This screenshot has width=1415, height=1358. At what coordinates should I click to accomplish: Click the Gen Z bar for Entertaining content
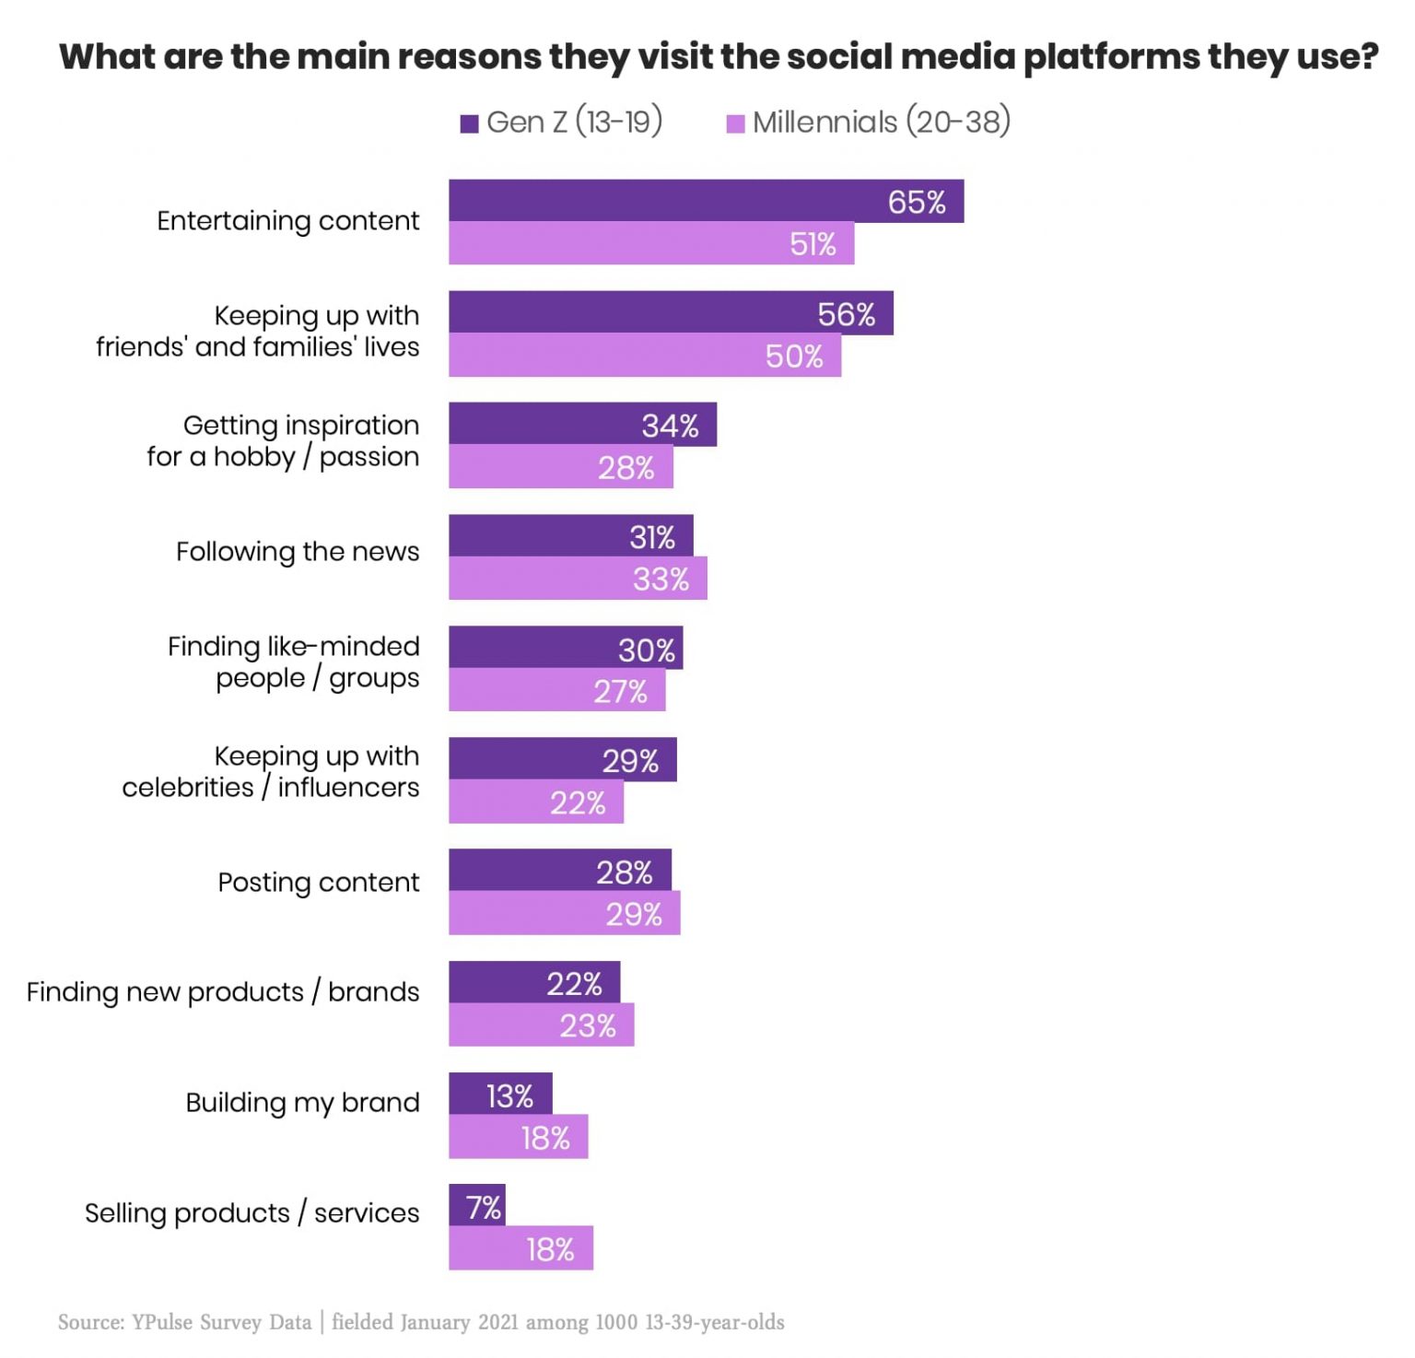click(x=706, y=201)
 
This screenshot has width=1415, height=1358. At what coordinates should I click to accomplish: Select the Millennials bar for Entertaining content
click(x=650, y=243)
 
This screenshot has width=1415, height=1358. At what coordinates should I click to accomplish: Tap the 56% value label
click(x=846, y=314)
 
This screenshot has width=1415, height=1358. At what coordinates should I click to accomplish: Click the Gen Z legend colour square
click(x=470, y=123)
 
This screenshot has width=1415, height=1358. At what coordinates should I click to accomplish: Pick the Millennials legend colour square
click(x=735, y=123)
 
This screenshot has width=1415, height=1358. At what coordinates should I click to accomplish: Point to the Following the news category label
click(x=298, y=551)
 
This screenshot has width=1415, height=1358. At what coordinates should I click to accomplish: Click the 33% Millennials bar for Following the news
click(x=578, y=579)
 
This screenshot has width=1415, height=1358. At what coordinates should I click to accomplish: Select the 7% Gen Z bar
click(x=477, y=1205)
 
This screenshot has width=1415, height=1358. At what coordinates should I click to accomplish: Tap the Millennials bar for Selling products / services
click(x=520, y=1248)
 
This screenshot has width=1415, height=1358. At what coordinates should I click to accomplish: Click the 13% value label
click(x=509, y=1096)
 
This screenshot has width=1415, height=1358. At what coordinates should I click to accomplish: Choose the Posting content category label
click(x=318, y=882)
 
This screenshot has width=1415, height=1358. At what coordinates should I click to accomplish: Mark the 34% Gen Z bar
click(x=582, y=425)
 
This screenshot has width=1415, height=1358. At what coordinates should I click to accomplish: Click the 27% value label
click(x=620, y=691)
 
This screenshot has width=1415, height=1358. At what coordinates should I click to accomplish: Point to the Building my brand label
click(x=302, y=1102)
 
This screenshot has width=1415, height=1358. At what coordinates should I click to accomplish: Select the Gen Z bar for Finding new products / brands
click(x=534, y=983)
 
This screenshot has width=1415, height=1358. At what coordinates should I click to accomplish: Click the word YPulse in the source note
click(x=162, y=1322)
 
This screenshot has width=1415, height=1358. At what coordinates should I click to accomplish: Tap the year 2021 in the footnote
click(x=497, y=1322)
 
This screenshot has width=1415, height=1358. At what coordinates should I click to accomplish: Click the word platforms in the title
click(x=1110, y=57)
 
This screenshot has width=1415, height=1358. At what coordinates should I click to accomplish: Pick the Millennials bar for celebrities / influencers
click(x=536, y=802)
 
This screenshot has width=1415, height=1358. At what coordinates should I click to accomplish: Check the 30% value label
click(x=646, y=650)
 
